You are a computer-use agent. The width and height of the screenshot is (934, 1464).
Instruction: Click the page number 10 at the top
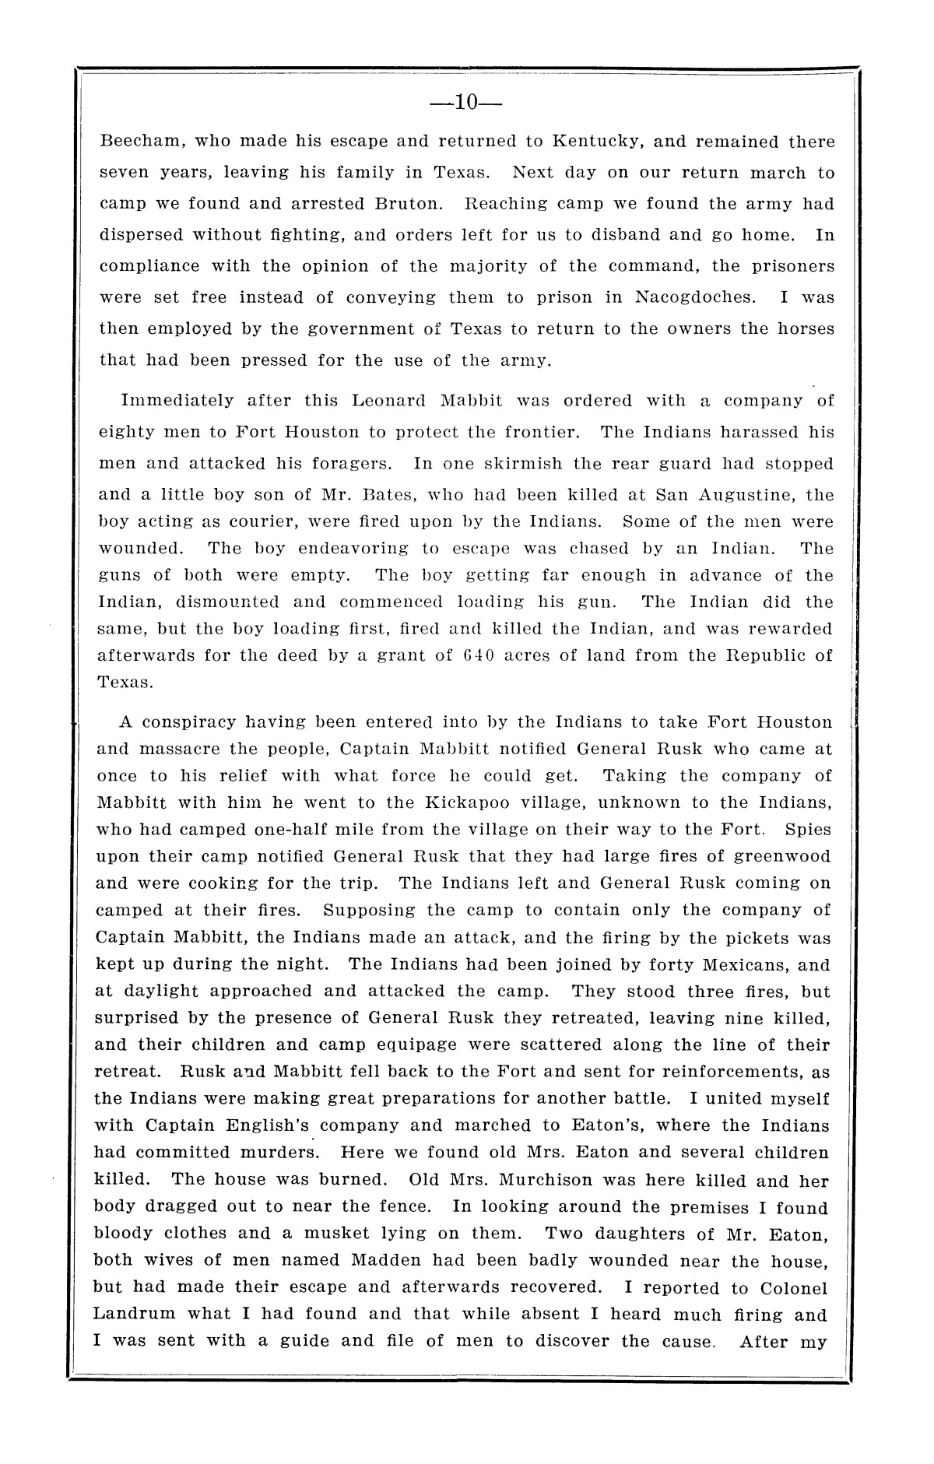pyautogui.click(x=466, y=102)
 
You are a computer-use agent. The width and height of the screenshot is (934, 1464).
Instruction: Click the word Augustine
pyautogui.click(x=750, y=495)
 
